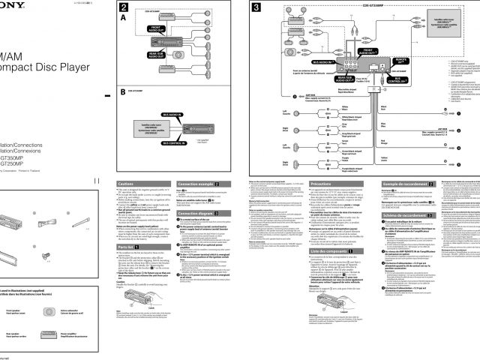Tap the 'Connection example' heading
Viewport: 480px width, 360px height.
click(202, 184)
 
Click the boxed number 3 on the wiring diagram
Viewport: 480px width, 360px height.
click(256, 7)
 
